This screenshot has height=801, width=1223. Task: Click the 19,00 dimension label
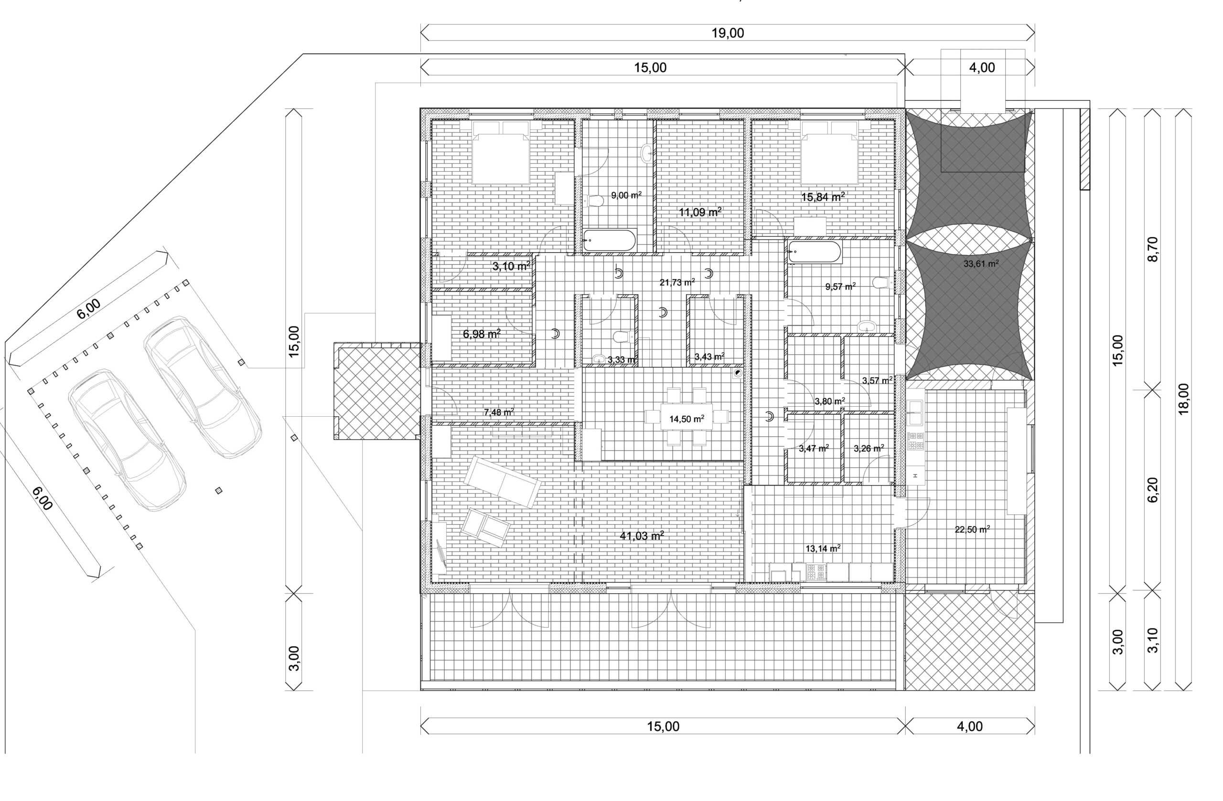[728, 33]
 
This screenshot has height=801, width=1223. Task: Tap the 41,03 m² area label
[642, 536]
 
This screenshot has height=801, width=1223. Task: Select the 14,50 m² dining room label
[687, 419]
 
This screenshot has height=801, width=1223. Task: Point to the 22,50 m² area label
[972, 529]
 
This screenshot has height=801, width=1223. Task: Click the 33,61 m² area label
[981, 264]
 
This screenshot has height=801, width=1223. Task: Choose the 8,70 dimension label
[1153, 249]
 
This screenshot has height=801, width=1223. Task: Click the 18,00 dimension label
[1183, 399]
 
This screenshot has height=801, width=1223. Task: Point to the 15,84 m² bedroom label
[823, 196]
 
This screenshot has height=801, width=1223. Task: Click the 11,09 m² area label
[700, 212]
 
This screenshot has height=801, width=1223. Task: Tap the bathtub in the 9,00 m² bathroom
[610, 240]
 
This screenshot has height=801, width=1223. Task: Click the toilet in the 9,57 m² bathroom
[882, 282]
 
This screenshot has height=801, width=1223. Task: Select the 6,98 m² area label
[482, 334]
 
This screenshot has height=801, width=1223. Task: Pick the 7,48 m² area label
[499, 412]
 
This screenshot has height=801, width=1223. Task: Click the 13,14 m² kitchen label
[823, 549]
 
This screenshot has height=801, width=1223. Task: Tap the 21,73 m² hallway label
[677, 282]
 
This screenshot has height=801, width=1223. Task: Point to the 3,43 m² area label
[709, 356]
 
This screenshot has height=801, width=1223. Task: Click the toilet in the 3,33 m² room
[622, 337]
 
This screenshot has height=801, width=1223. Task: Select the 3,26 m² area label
[869, 448]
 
